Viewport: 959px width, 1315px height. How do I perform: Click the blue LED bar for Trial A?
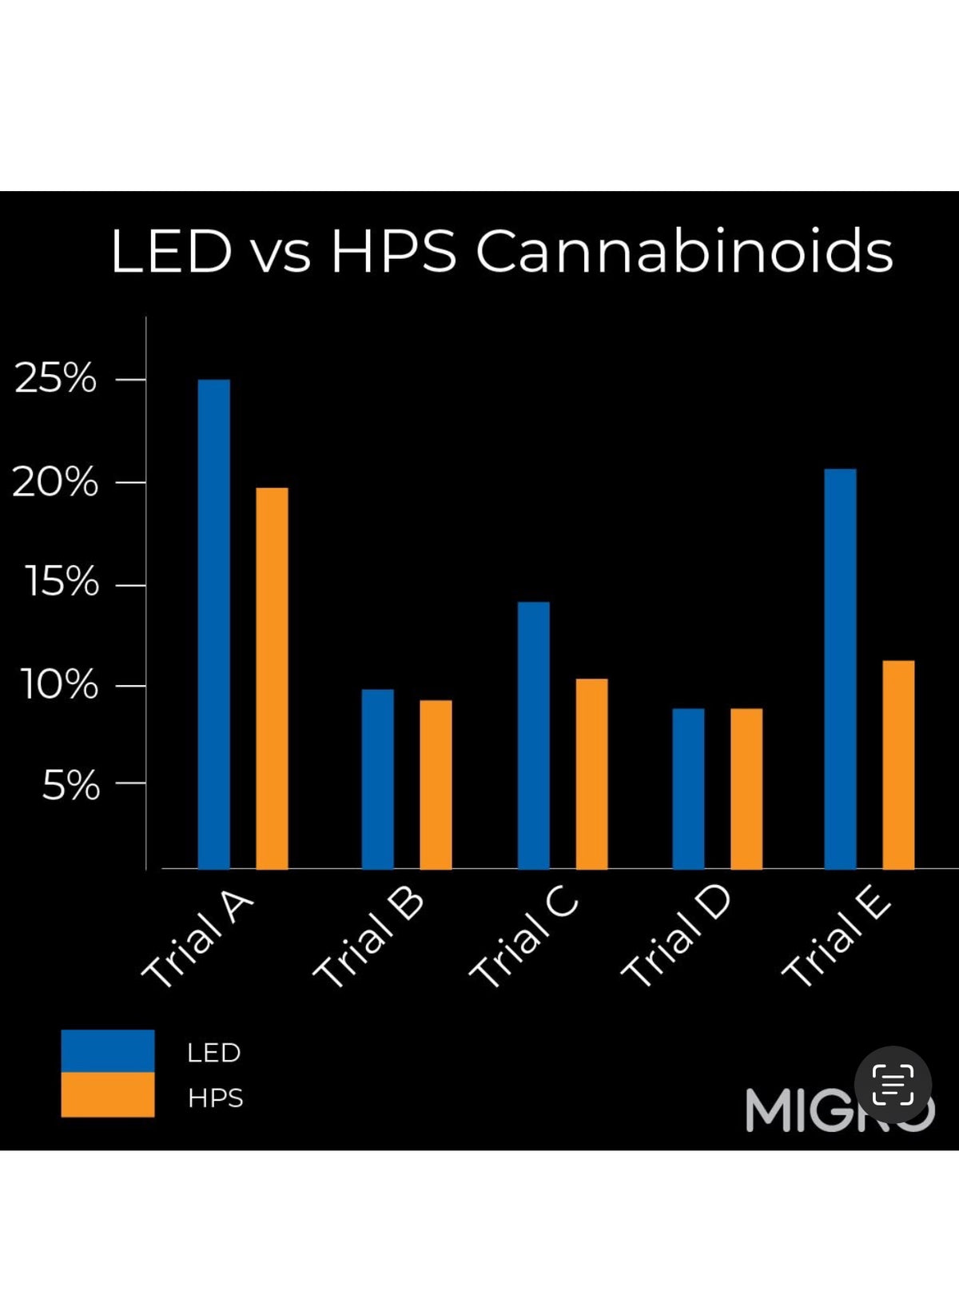(213, 624)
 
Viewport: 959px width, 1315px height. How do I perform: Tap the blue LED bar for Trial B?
(377, 779)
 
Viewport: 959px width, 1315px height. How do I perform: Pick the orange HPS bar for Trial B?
(436, 784)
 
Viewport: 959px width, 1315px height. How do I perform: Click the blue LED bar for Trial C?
(533, 735)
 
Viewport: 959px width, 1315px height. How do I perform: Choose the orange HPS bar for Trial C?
(591, 773)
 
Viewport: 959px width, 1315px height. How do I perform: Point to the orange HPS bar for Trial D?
(746, 788)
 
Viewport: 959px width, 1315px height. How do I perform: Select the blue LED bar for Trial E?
(840, 668)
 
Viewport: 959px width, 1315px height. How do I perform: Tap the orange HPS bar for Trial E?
(898, 764)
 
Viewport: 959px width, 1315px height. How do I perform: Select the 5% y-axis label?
(70, 786)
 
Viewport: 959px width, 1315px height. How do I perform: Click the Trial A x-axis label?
(197, 939)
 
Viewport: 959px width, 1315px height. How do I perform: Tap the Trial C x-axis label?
(523, 939)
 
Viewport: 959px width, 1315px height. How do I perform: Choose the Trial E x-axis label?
(836, 939)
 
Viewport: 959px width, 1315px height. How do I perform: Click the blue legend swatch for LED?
(107, 1050)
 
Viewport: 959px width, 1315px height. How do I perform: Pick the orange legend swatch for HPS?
(107, 1094)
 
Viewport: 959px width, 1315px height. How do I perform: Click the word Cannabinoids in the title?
(683, 251)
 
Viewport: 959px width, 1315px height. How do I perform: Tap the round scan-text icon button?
(893, 1085)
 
